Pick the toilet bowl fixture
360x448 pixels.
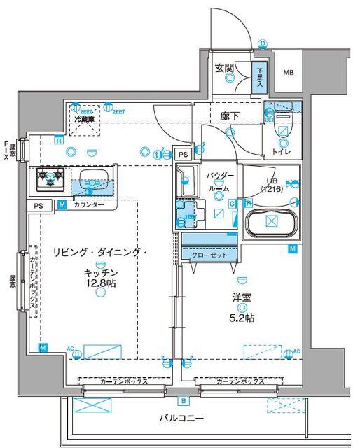(x=284, y=127)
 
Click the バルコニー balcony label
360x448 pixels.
(x=181, y=419)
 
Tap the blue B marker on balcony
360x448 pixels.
(x=183, y=401)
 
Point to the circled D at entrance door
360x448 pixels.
(x=263, y=43)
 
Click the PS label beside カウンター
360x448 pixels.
(x=38, y=205)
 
